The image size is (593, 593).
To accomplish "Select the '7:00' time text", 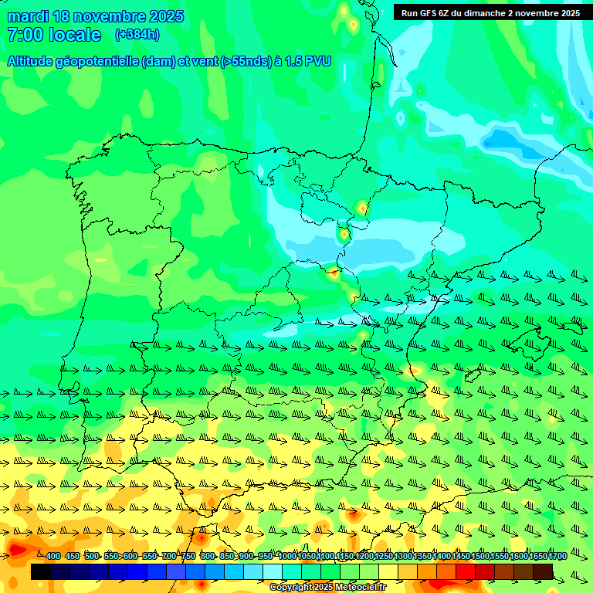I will click(24, 35).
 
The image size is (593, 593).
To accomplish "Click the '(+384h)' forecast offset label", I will click(137, 35).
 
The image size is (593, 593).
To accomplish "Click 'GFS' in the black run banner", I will click(428, 13).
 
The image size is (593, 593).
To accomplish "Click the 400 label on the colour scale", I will click(53, 557).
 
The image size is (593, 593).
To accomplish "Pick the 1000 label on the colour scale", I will click(287, 557).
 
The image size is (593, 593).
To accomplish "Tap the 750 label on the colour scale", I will click(188, 557).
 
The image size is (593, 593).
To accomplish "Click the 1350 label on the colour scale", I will click(422, 557).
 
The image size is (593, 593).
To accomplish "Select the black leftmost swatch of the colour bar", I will click(40, 571).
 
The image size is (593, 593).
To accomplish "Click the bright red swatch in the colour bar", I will click(466, 571).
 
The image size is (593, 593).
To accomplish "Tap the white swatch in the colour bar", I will click(273, 571).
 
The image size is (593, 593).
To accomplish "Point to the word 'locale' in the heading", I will click(75, 35).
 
